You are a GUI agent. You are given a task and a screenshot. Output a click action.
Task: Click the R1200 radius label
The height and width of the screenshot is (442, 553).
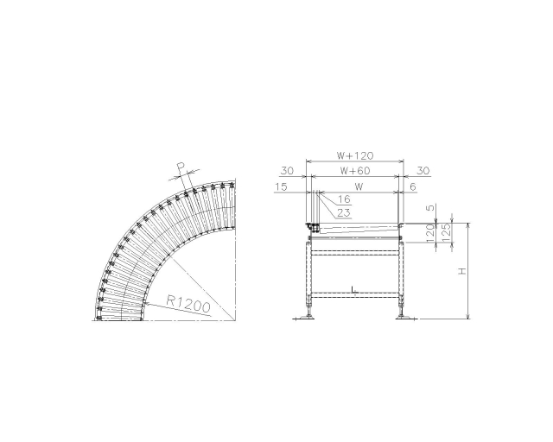[x=188, y=304]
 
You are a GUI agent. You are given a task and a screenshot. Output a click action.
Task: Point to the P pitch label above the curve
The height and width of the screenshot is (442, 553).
[x=181, y=166]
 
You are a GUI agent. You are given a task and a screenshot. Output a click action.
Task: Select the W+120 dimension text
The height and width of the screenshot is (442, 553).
[x=355, y=155]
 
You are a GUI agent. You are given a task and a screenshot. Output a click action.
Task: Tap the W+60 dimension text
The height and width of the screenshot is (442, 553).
[x=355, y=171]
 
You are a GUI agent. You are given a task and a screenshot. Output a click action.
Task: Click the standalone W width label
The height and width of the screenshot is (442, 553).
[x=359, y=186]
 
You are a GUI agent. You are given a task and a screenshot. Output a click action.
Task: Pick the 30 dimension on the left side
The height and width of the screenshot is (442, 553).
[x=287, y=171]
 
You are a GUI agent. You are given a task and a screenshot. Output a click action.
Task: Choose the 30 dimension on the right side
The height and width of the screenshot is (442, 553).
[x=423, y=171]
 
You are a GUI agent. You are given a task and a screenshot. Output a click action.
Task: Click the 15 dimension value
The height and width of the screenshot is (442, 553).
[x=281, y=186]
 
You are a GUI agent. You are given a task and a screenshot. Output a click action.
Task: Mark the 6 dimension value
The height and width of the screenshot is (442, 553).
[x=413, y=186]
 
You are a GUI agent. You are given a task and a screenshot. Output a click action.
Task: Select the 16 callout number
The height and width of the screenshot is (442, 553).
[x=344, y=199]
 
